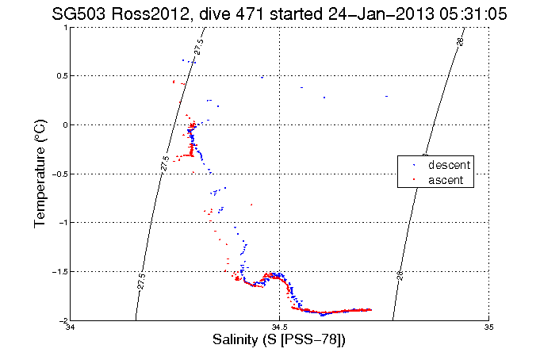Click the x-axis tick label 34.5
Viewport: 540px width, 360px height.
click(x=279, y=327)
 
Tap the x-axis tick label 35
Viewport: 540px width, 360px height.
click(x=488, y=327)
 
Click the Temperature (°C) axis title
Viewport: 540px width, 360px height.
click(x=40, y=174)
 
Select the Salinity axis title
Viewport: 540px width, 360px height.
click(x=279, y=339)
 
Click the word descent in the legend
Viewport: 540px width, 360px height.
click(x=450, y=165)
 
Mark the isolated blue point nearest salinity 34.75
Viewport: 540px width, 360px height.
click(x=386, y=96)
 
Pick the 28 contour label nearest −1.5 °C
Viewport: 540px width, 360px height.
click(x=400, y=275)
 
